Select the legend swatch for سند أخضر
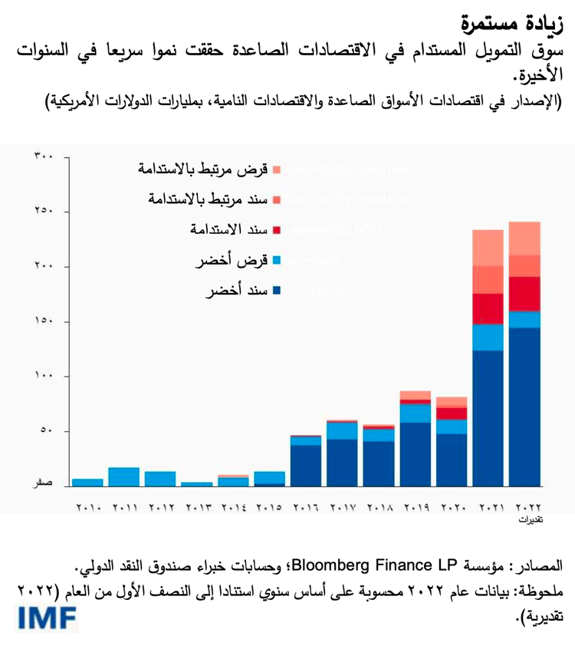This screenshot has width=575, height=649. pyautogui.click(x=277, y=291)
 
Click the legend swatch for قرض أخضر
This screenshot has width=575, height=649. pyautogui.click(x=277, y=261)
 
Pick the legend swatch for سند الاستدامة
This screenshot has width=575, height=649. pyautogui.click(x=277, y=230)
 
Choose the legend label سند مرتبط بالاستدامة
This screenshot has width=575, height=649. pyautogui.click(x=207, y=199)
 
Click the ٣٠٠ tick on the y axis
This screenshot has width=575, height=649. pyautogui.click(x=43, y=156)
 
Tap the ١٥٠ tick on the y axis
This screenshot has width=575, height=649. pyautogui.click(x=43, y=321)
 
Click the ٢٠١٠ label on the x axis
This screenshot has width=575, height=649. pyautogui.click(x=88, y=507)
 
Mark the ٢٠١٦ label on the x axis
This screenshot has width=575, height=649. pyautogui.click(x=306, y=507)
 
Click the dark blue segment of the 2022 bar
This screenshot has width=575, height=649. pyautogui.click(x=524, y=407)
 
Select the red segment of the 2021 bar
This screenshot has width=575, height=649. pyautogui.click(x=488, y=308)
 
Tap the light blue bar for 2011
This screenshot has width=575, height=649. pyautogui.click(x=124, y=476)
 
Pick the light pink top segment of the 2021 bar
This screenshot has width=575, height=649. pyautogui.click(x=488, y=247)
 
